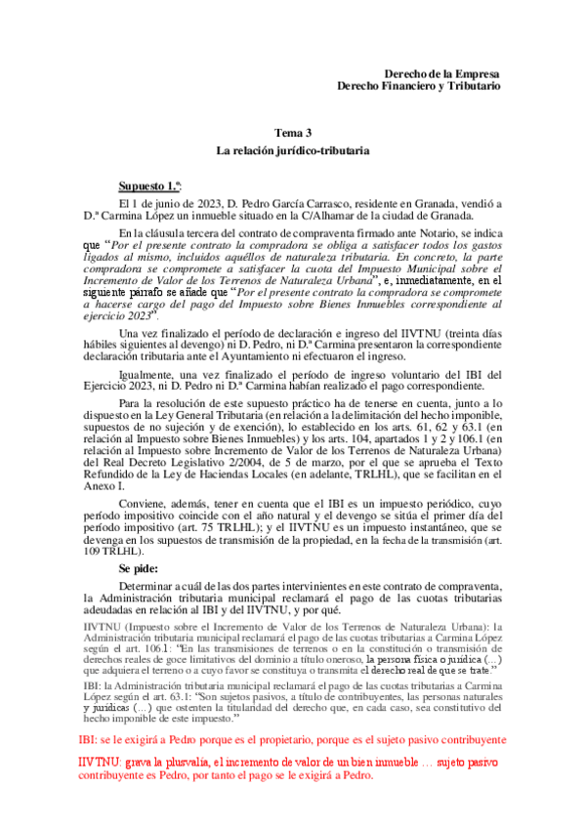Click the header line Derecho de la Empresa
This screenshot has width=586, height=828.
pos(442,74)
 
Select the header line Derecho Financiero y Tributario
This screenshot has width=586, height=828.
pos(418,87)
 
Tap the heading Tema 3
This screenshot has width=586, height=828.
pos(292,133)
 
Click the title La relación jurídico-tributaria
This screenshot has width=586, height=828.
pos(292,153)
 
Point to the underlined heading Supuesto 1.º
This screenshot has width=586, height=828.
pos(149,186)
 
